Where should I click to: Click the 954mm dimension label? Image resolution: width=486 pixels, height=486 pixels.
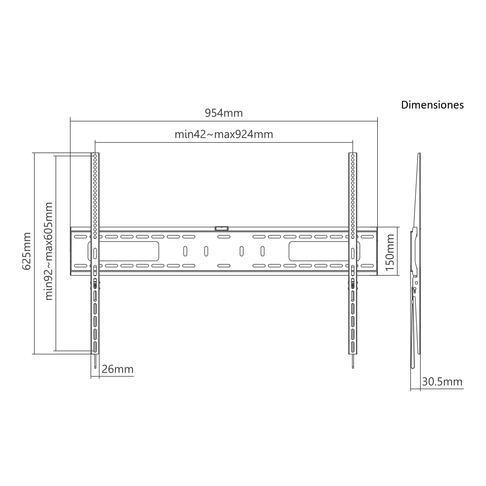(x=224, y=113)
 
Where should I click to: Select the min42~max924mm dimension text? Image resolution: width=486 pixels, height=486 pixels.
(x=224, y=134)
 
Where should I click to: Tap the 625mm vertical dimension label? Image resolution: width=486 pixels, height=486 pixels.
(x=26, y=251)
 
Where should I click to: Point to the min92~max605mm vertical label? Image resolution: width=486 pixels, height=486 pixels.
(x=49, y=251)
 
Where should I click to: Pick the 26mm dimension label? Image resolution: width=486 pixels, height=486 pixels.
(x=117, y=369)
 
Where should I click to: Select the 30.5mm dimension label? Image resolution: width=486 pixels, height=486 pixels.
(x=442, y=382)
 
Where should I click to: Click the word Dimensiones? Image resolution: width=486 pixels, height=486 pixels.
(x=432, y=105)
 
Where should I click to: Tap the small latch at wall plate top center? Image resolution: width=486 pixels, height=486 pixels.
(x=222, y=228)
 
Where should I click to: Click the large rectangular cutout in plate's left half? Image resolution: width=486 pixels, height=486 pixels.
(x=124, y=251)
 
